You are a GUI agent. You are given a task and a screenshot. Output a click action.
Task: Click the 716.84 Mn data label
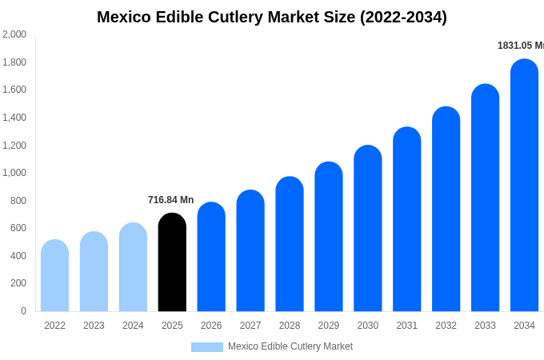[170, 200]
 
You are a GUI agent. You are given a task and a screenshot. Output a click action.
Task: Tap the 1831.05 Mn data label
[520, 46]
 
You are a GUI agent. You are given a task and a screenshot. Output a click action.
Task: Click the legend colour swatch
[207, 347]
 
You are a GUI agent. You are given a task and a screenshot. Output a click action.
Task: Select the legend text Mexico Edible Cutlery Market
[290, 346]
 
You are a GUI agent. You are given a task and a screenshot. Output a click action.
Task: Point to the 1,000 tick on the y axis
[14, 173]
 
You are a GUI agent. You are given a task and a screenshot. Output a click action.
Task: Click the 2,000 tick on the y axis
[14, 34]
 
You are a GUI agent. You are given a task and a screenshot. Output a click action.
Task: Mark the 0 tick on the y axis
[23, 311]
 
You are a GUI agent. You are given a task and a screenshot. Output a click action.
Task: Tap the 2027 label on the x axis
[250, 326]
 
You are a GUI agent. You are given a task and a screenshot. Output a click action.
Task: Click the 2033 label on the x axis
[485, 326]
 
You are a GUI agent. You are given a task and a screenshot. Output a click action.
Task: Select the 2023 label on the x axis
[94, 326]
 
